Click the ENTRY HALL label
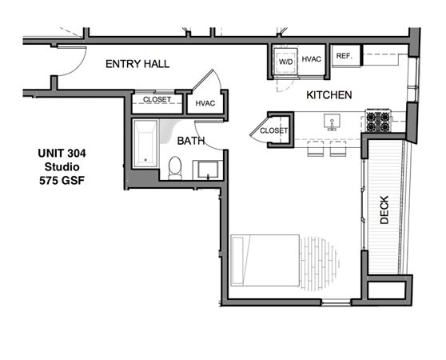pos(137,63)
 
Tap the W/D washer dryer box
pos(285,62)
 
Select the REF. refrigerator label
pos(344,55)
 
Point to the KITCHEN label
pos(329,94)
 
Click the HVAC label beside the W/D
pos(311,60)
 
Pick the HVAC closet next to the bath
pos(205,103)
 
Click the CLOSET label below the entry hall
pos(157,101)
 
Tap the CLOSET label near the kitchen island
pos(274,130)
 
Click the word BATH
pos(191,140)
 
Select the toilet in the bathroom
pos(175,166)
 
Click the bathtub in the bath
pos(145,143)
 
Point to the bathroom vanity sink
pos(209,170)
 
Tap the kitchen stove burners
pos(377,121)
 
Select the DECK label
pos(384,210)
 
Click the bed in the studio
pos(264,259)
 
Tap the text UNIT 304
pos(62,153)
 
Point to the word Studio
pos(62,166)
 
